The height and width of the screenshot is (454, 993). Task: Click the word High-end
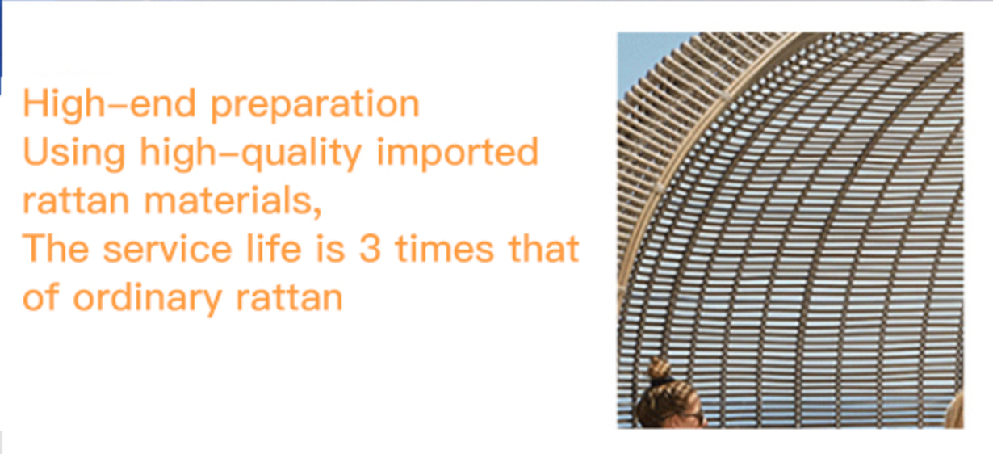tap(110, 103)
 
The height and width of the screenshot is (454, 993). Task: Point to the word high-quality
tap(251, 153)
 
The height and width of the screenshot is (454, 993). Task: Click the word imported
tap(458, 153)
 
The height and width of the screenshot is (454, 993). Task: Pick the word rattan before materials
tap(76, 200)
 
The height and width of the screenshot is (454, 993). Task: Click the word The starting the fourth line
tap(56, 248)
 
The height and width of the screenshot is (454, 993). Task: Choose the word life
tap(274, 248)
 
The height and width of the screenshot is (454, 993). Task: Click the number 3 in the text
tap(371, 249)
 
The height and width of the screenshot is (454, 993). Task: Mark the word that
tap(544, 248)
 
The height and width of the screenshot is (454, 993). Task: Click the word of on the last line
tap(41, 296)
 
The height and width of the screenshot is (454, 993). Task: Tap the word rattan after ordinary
tap(290, 297)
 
